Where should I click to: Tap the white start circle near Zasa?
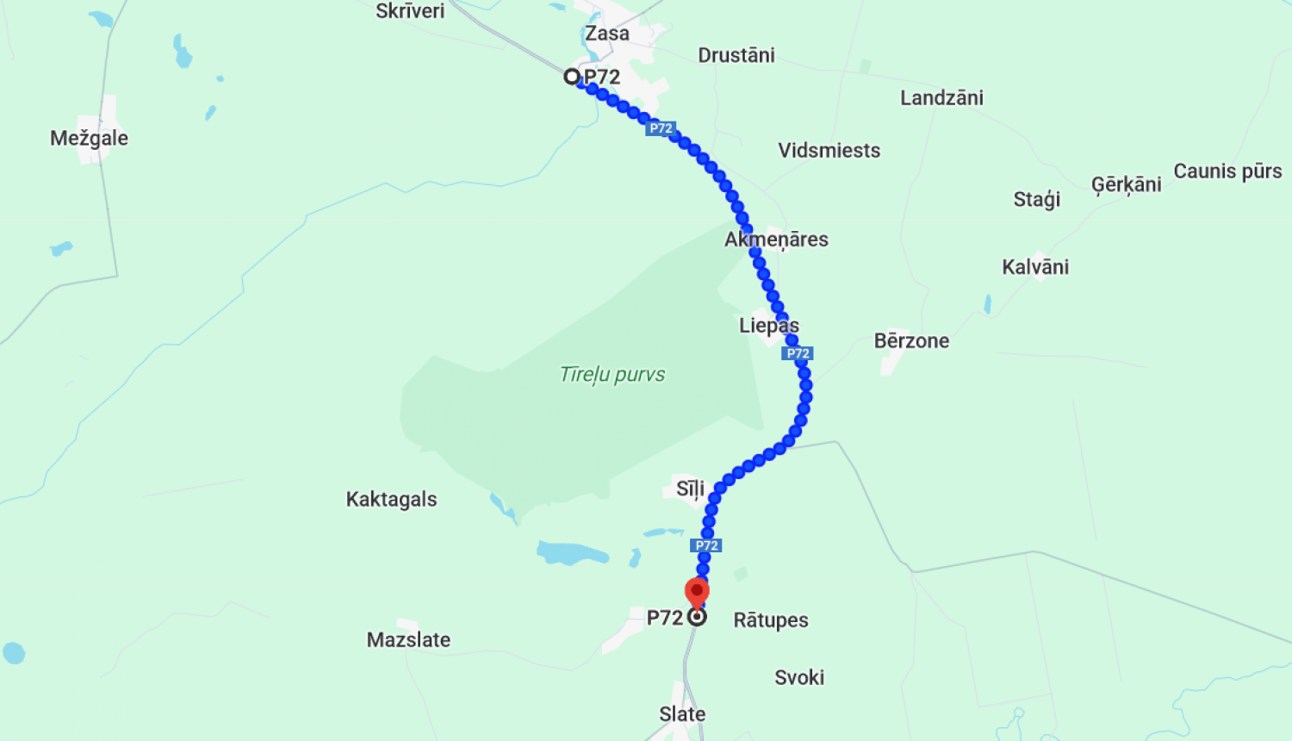pos(571,77)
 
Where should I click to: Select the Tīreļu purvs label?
pos(612,374)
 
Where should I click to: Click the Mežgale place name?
pos(89,138)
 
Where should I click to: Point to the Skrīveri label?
pos(410,11)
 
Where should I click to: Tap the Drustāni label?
pos(736,55)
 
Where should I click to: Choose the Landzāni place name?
pos(941,98)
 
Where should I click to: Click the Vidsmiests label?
pos(829,151)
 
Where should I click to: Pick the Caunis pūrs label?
pos(1227,171)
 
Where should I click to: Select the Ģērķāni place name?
pos(1126,185)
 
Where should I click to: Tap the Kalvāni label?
pos(1035,267)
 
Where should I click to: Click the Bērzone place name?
pos(911,341)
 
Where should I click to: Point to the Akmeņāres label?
pos(776,240)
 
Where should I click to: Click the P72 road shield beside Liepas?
pos(798,353)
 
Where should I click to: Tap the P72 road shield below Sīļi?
pos(706,545)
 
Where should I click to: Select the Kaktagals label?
pos(391,500)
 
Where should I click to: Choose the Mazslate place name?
pos(408,640)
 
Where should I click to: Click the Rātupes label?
pos(771,620)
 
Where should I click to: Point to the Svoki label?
pos(799,678)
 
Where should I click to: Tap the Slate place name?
pos(682,714)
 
